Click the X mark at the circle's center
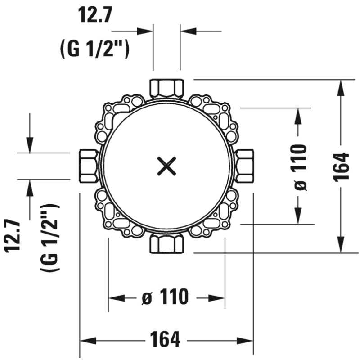click(x=166, y=166)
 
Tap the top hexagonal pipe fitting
click(x=166, y=88)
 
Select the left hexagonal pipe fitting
click(x=88, y=166)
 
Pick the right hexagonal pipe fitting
click(x=245, y=166)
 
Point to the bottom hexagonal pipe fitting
click(x=166, y=243)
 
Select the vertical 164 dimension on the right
click(x=342, y=166)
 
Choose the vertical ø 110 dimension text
click(x=300, y=167)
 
